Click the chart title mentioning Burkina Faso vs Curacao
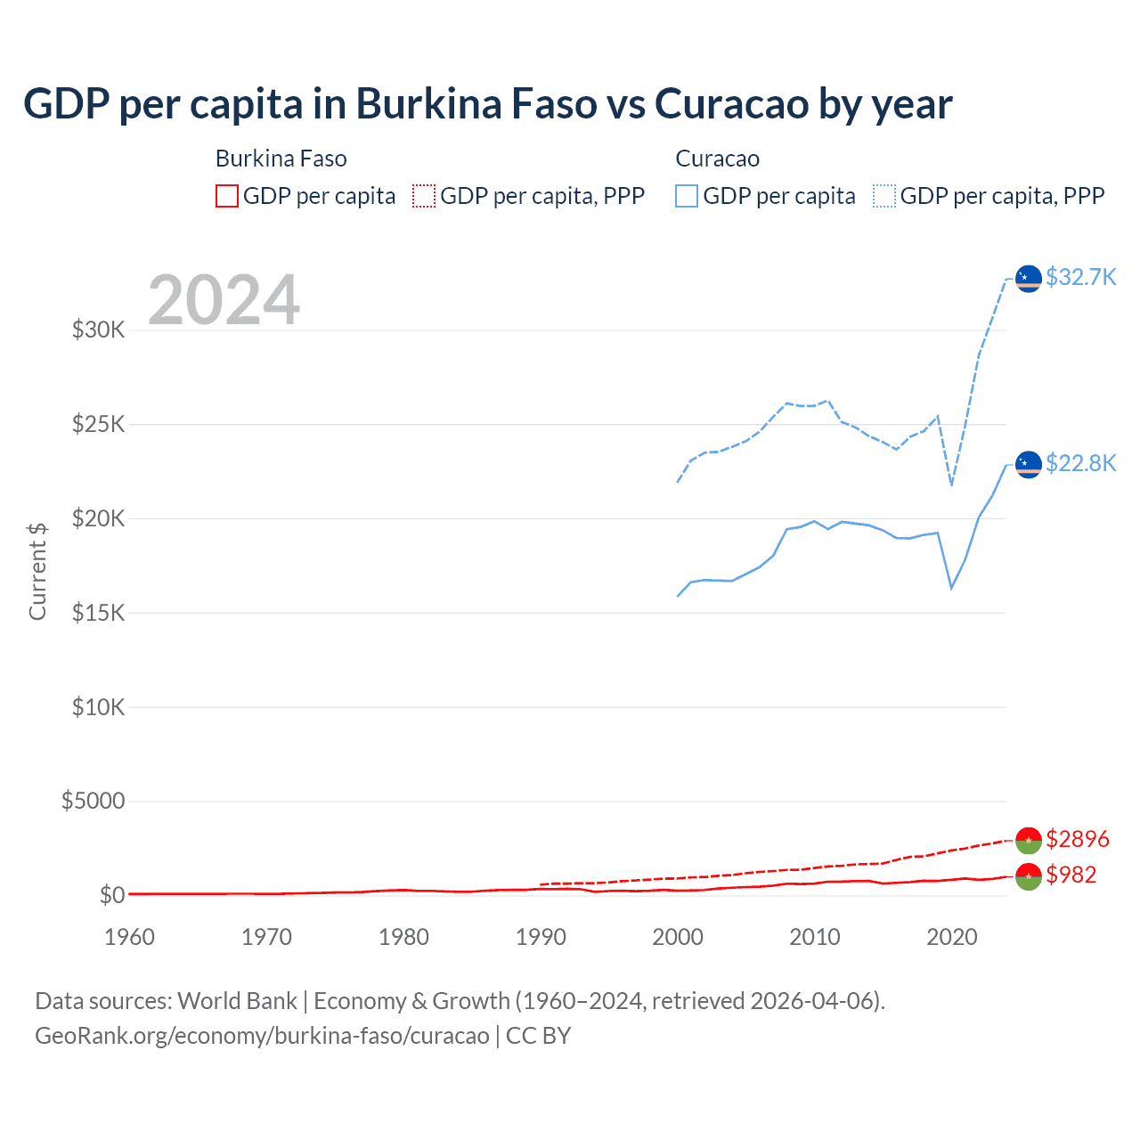[x=487, y=103]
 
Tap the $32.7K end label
[x=1080, y=277]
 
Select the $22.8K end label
[x=1080, y=463]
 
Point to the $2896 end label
[x=1077, y=839]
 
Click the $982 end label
[x=1071, y=875]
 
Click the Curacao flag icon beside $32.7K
[x=1029, y=279]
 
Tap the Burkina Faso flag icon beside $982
[x=1029, y=876]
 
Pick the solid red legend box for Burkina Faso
[x=227, y=196]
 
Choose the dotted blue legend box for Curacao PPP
[x=884, y=196]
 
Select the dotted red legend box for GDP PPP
[x=424, y=196]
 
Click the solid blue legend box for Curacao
[x=687, y=196]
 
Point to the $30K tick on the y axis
[x=98, y=330]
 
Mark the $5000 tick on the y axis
[x=93, y=801]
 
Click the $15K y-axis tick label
[x=98, y=613]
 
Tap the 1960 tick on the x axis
[x=129, y=937]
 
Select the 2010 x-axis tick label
[x=814, y=937]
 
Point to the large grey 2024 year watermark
[x=224, y=300]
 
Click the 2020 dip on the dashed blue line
[x=952, y=484]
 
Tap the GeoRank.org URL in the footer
[x=262, y=1036]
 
